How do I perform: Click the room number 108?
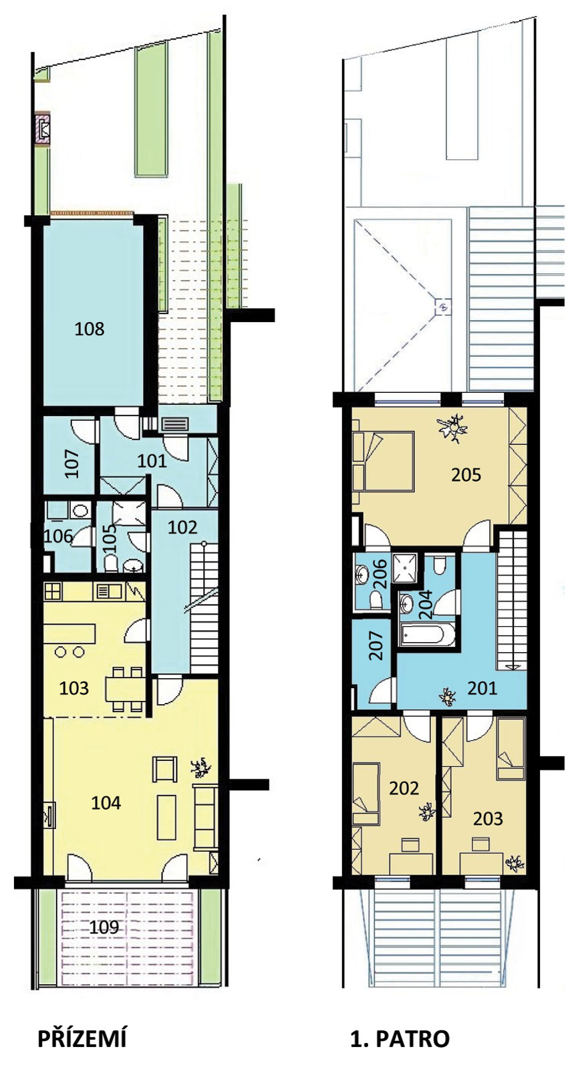[90, 329]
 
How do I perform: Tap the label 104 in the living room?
[106, 802]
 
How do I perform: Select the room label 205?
[466, 475]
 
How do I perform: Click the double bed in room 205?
[383, 461]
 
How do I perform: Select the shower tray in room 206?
[404, 567]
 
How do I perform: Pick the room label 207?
[377, 645]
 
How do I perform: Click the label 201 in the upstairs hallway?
[482, 688]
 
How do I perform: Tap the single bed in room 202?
[366, 788]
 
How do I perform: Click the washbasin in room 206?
[362, 574]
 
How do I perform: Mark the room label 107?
[71, 462]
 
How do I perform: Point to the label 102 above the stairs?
[182, 527]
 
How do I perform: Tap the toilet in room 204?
[439, 565]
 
